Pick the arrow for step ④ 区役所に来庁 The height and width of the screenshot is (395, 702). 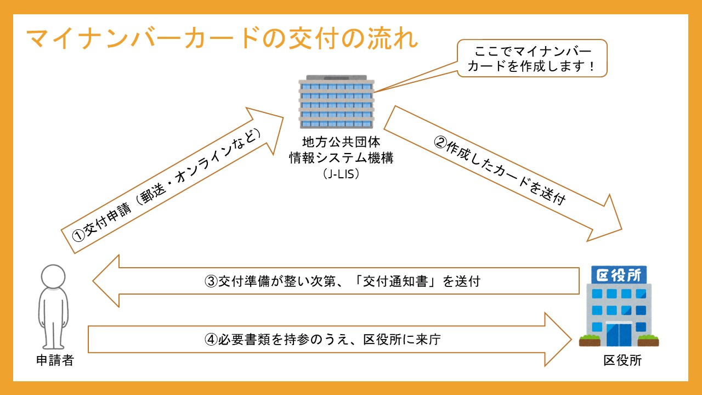tap(324, 340)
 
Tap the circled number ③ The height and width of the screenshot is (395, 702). tap(212, 282)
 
